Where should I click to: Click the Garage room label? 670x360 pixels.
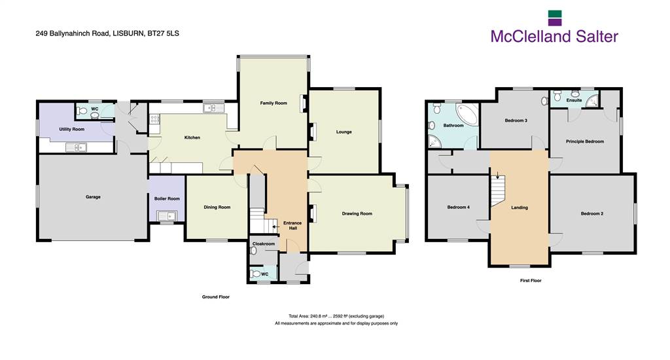click(x=93, y=197)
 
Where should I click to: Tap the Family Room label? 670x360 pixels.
click(x=273, y=103)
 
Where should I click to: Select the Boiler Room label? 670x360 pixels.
click(x=167, y=199)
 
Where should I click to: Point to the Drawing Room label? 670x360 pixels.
click(x=357, y=214)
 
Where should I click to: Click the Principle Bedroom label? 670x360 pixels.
click(x=584, y=141)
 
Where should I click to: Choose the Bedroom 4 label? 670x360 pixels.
click(x=458, y=207)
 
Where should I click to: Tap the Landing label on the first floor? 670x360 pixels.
click(x=520, y=207)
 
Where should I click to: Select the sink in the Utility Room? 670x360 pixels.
click(x=76, y=147)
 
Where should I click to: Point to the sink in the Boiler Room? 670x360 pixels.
click(x=167, y=216)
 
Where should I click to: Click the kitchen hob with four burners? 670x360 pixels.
click(x=154, y=119)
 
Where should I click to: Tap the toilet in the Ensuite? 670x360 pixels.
click(x=557, y=96)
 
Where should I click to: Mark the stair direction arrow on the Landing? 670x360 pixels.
click(x=497, y=175)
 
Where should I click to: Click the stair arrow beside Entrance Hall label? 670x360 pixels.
click(x=275, y=227)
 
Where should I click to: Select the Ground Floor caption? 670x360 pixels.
click(x=216, y=297)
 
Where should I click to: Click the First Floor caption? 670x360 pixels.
click(x=531, y=281)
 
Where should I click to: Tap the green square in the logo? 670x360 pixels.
click(x=555, y=14)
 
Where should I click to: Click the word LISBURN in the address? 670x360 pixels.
click(x=128, y=33)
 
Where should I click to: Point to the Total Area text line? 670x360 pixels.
click(x=336, y=316)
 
